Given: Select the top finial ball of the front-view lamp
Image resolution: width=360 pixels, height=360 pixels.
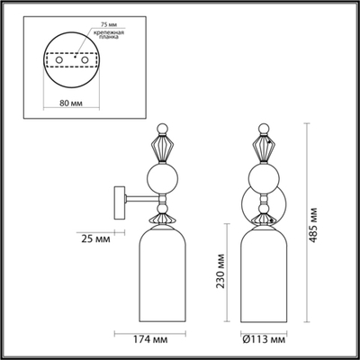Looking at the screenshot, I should tap(264, 124).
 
